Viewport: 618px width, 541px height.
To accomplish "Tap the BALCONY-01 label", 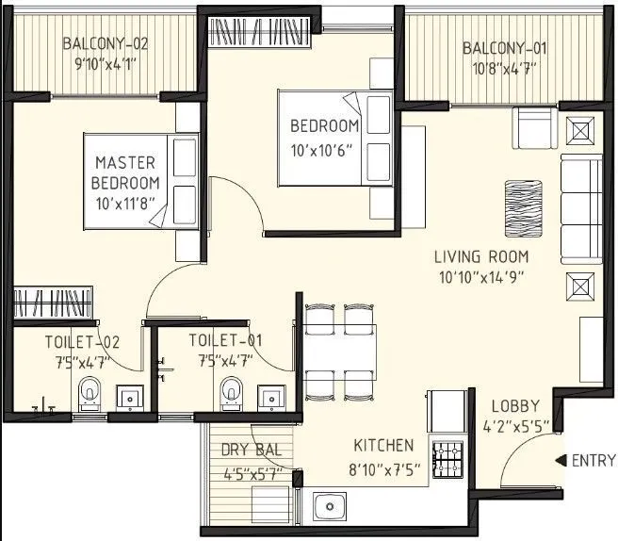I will coord(504,48).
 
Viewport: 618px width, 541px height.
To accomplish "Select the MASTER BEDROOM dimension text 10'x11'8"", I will coord(127,202).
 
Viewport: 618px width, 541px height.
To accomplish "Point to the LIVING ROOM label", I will coord(480,256).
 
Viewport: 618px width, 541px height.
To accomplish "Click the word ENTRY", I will coord(594,461).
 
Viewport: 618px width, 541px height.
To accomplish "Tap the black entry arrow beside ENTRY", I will coord(562,461).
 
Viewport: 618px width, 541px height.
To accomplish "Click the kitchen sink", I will coord(331,507).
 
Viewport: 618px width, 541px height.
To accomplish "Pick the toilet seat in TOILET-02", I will coord(89,389).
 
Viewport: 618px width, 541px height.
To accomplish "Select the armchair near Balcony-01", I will coord(533,126).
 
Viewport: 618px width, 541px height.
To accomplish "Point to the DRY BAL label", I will coord(245,451).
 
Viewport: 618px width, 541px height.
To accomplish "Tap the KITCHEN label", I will coord(383,445).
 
